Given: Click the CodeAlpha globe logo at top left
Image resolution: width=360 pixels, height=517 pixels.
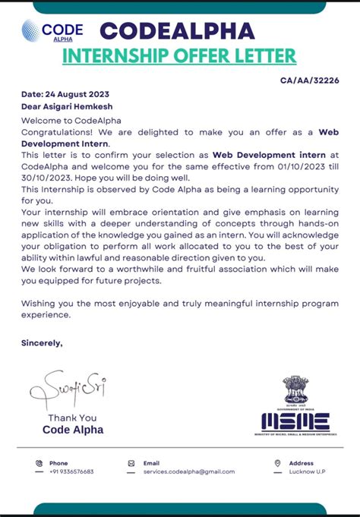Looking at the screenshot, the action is tap(31, 31).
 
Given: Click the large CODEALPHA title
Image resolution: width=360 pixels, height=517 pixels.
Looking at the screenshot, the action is tap(177, 31).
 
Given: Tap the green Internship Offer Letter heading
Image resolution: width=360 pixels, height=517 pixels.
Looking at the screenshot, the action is tap(179, 56).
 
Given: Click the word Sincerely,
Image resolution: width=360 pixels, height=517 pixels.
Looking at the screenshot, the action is tap(42, 343).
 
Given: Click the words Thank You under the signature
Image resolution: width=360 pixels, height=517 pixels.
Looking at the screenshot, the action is tap(72, 418).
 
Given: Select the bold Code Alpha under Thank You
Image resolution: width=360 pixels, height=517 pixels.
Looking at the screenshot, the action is tap(73, 430).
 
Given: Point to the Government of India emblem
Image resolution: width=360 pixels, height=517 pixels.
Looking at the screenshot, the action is tap(295, 390).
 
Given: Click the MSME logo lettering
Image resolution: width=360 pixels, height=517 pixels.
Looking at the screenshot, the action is tap(295, 421).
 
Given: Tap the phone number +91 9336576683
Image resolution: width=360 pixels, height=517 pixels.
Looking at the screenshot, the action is tap(71, 471).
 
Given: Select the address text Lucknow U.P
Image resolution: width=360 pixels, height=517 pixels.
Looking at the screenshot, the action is tap(307, 471).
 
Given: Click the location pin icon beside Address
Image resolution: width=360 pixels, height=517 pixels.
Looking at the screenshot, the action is tap(277, 463).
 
